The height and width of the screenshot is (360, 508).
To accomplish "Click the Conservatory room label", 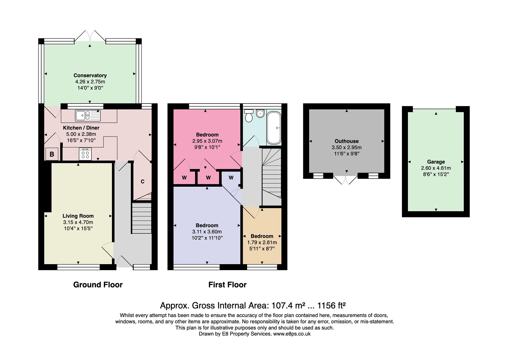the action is pyautogui.click(x=90, y=75).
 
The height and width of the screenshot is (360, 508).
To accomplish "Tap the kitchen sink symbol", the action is pyautogui.click(x=88, y=115).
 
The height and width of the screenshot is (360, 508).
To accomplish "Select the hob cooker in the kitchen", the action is pyautogui.click(x=85, y=154).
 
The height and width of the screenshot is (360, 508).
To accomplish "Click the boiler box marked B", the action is pyautogui.click(x=52, y=154).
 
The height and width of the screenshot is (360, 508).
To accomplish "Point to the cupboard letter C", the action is pyautogui.click(x=142, y=181).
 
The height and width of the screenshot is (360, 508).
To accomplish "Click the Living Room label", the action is pyautogui.click(x=78, y=216).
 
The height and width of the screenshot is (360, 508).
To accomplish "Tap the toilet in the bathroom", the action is pyautogui.click(x=249, y=116).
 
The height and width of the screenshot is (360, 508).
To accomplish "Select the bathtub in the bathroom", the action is pyautogui.click(x=274, y=128).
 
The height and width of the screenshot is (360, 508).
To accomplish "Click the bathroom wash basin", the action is pyautogui.click(x=260, y=113).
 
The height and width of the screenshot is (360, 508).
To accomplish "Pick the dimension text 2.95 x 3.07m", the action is pyautogui.click(x=207, y=141).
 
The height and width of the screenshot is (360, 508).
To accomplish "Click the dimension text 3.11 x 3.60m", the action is pyautogui.click(x=207, y=232).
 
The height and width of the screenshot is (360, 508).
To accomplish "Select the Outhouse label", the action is pyautogui.click(x=346, y=141).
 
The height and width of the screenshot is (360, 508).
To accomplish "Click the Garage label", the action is pyautogui.click(x=436, y=162).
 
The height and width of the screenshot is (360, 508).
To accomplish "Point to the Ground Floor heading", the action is pyautogui.click(x=98, y=285).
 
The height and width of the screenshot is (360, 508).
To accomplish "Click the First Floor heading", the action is pyautogui.click(x=228, y=285).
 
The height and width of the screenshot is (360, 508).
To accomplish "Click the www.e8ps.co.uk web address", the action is pyautogui.click(x=292, y=334).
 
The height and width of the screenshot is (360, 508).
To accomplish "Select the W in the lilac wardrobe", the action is pyautogui.click(x=231, y=178).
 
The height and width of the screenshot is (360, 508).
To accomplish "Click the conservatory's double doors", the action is pyautogui.click(x=90, y=36).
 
